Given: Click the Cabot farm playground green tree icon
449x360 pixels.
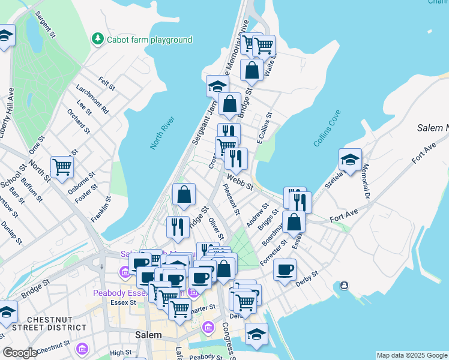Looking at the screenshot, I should point(97,39).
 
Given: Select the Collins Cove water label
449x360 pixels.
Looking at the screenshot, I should point(327,128).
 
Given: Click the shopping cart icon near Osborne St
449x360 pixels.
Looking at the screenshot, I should point(62,167).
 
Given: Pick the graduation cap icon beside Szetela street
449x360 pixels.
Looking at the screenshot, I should point(350,159).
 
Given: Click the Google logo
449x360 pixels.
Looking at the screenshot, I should point(20,353).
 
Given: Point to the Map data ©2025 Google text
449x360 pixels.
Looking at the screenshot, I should point(412,355).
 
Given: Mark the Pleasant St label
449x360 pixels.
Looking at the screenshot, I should point(231,200).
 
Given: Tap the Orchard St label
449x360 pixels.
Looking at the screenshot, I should point(78,121).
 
